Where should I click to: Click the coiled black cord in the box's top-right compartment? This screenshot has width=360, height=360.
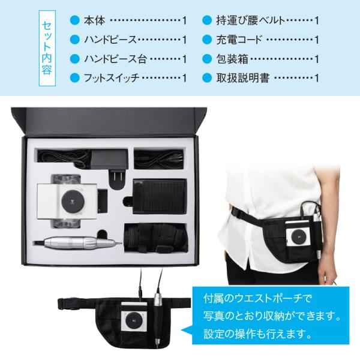coord(160,159)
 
